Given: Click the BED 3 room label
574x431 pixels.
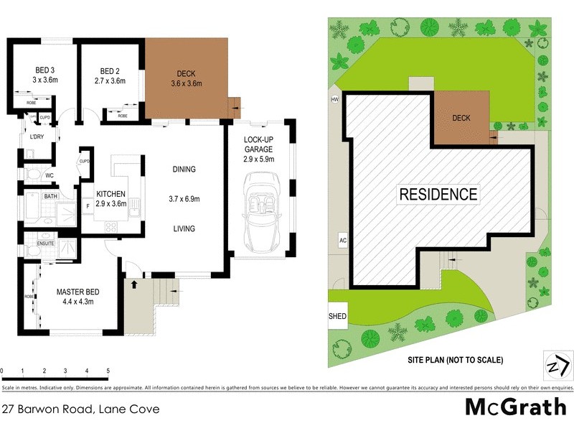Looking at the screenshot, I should [44, 70].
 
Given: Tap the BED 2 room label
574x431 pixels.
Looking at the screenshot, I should [109, 70].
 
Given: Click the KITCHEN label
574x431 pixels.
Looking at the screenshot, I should [111, 194].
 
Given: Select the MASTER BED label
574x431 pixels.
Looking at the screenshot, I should [79, 292].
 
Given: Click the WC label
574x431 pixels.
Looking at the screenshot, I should [50, 175].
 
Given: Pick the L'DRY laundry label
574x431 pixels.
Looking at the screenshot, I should [37, 137].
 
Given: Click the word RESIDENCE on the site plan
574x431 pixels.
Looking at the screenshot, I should [438, 194].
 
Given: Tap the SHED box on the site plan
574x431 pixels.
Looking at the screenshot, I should [337, 315].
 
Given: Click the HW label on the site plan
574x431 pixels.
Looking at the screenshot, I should [334, 99].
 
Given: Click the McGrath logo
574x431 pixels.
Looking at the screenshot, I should [515, 407].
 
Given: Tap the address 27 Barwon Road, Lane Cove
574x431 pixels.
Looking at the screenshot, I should [80, 409].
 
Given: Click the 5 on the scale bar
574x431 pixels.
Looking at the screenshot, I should [108, 371].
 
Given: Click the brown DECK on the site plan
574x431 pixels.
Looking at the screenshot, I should [461, 117].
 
